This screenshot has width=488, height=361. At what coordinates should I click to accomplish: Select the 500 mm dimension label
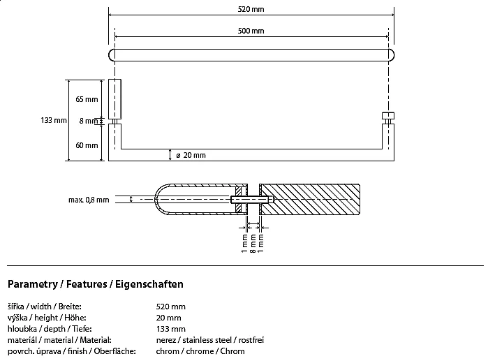pos(251,31)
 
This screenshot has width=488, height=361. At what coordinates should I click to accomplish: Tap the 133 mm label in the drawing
pos(54,121)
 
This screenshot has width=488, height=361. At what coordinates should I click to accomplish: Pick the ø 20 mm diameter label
pos(191,154)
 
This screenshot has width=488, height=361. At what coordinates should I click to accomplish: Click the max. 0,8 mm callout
pos(89,200)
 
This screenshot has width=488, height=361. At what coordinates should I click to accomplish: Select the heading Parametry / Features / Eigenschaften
pos(95,284)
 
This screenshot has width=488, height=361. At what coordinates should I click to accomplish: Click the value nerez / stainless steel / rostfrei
pos(209,340)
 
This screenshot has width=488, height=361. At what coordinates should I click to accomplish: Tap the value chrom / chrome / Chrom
pos(200,351)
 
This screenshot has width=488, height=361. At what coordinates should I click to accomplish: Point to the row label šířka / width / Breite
pos(44,307)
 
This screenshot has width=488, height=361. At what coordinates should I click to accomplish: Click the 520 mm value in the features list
pos(171,307)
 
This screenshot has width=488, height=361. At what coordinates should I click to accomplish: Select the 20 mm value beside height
pos(169,318)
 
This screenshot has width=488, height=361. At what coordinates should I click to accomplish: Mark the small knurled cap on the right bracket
pos(387,115)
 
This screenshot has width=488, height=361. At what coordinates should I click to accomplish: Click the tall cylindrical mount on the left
pos(114,99)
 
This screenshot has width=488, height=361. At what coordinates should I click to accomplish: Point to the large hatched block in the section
pos(311,200)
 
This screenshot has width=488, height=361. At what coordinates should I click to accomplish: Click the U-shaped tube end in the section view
pos(168,200)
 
